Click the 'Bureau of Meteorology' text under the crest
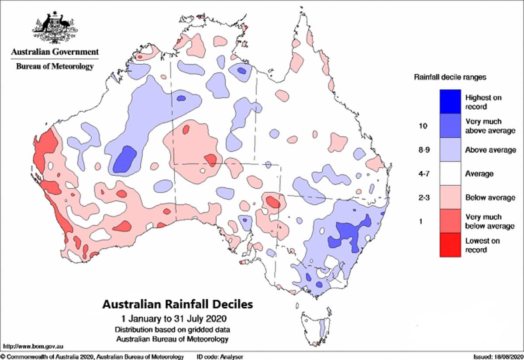pos(55,66)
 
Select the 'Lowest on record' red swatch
pos(450,245)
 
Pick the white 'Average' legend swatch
pos(450,173)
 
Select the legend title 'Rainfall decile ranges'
pos(450,77)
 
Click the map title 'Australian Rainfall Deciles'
pos(177,304)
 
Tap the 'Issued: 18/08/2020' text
pos(497,357)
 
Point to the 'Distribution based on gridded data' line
pos(172,329)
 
